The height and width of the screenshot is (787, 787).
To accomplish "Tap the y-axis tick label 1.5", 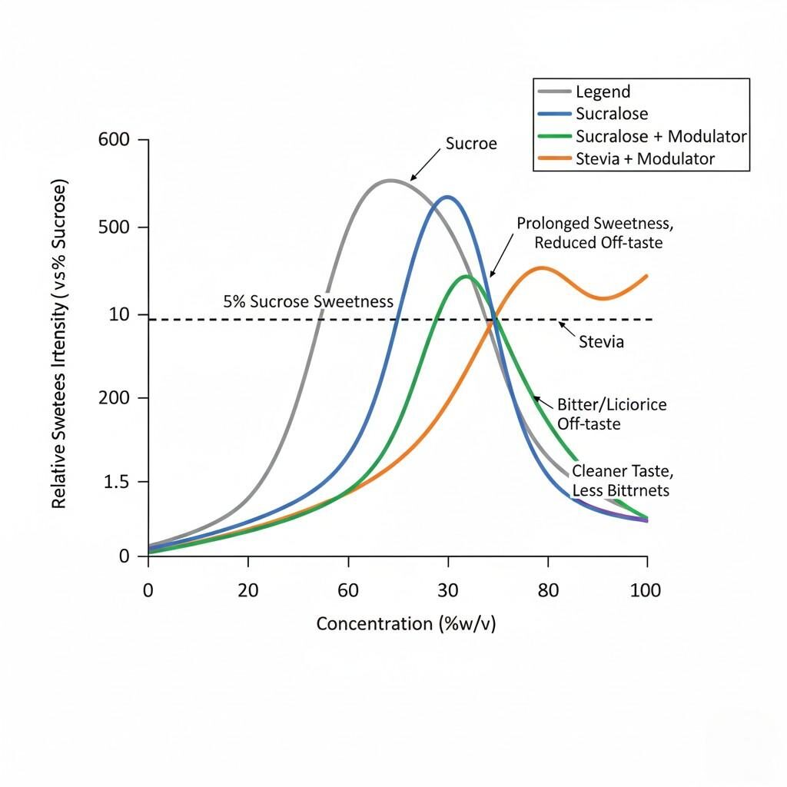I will click(116, 482).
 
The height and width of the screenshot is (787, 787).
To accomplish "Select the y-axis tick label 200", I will click(115, 398).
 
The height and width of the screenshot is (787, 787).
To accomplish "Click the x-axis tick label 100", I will click(646, 590).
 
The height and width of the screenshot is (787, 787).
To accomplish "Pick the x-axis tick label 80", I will click(547, 590).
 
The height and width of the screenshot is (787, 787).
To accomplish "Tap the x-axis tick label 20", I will click(247, 590).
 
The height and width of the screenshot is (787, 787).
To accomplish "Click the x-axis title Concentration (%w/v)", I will click(406, 623).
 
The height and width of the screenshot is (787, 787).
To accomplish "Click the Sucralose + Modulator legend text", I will click(661, 136).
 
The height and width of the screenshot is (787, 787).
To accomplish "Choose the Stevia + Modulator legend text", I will click(645, 159).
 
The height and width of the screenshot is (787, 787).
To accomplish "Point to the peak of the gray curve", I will click(390, 181).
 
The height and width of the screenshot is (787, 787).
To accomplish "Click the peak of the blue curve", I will click(447, 197).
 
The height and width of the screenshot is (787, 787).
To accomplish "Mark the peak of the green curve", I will click(466, 276).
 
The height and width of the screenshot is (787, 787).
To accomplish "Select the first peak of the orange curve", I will click(543, 268).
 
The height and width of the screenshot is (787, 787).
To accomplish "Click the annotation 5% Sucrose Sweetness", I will click(308, 302).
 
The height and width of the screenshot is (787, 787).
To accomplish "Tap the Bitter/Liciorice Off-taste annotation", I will click(611, 413).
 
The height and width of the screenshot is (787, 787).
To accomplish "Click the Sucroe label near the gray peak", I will click(471, 144).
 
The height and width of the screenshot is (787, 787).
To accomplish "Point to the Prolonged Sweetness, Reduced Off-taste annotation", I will click(595, 233).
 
